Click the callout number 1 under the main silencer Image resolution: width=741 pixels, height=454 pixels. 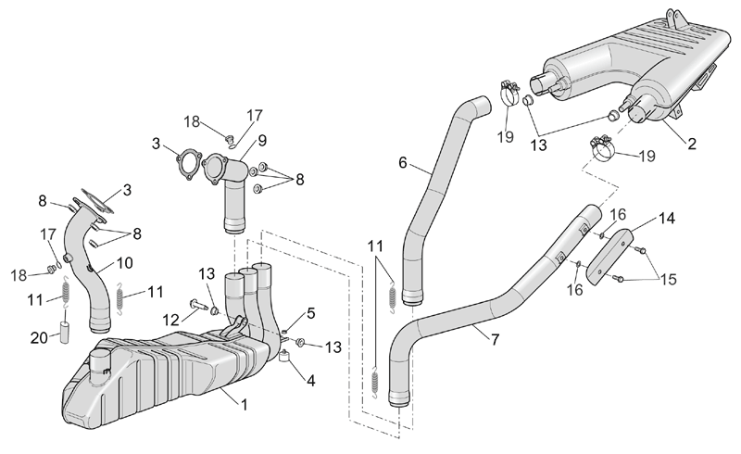coord(245,405)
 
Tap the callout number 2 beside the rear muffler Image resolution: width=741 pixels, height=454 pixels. coord(692,144)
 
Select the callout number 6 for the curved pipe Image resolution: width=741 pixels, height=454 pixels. coord(403,163)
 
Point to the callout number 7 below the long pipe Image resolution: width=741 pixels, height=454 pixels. coord(495,339)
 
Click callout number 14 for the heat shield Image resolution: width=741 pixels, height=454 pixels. coord(666,219)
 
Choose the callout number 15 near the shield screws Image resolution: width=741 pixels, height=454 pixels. coord(668,280)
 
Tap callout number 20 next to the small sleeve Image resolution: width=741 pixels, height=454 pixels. coord(40,337)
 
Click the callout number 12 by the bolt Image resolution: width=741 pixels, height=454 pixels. coord(171,321)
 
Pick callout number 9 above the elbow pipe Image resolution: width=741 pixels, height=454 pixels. coord(262,141)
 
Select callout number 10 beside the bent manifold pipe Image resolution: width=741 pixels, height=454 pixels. coord(125,263)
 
